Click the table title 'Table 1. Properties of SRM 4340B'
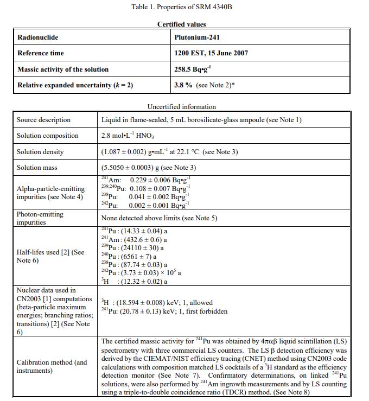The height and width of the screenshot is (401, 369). [181, 7]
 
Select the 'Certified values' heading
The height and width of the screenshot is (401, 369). [181, 24]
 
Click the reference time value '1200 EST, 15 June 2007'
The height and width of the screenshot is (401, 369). [211, 53]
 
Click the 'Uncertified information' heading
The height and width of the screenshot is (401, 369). [181, 107]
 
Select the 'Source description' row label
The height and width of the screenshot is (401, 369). [43, 120]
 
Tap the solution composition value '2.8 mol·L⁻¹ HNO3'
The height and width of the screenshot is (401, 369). [130, 136]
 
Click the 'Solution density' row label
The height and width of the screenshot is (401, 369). [40, 152]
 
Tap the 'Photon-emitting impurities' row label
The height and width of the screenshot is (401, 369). [40, 218]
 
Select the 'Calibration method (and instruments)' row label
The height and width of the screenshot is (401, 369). [52, 366]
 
